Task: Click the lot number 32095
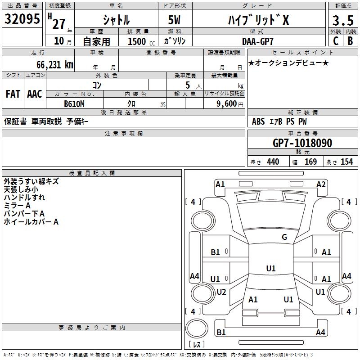point(22,20)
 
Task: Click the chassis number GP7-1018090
point(302,144)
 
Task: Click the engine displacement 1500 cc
point(139,41)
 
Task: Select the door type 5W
point(175,20)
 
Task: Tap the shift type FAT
point(13,94)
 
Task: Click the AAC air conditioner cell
point(35,94)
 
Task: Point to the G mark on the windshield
point(284,237)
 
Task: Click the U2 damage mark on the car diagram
point(221,292)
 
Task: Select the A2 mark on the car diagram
point(321,184)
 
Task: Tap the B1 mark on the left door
point(216,252)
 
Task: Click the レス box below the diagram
point(198,344)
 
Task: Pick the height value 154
point(346,162)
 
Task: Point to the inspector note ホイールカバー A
point(31,222)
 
